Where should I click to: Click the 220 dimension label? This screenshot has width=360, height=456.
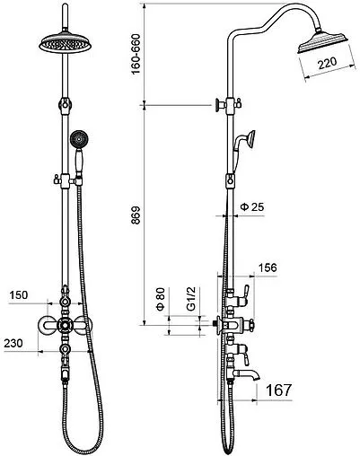(327, 63)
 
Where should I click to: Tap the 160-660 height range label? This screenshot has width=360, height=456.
(136, 54)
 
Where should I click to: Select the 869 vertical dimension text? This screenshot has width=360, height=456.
(136, 215)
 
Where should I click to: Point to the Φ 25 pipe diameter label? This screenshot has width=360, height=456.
(252, 206)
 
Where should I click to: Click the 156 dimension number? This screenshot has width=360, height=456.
(268, 267)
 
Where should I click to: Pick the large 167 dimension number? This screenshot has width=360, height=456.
(278, 390)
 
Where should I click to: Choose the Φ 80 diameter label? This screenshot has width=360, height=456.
(161, 299)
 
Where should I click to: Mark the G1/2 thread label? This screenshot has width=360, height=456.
(190, 299)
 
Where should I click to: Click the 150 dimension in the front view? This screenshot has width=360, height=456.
(19, 295)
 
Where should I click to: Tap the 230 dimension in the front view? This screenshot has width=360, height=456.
(13, 343)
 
